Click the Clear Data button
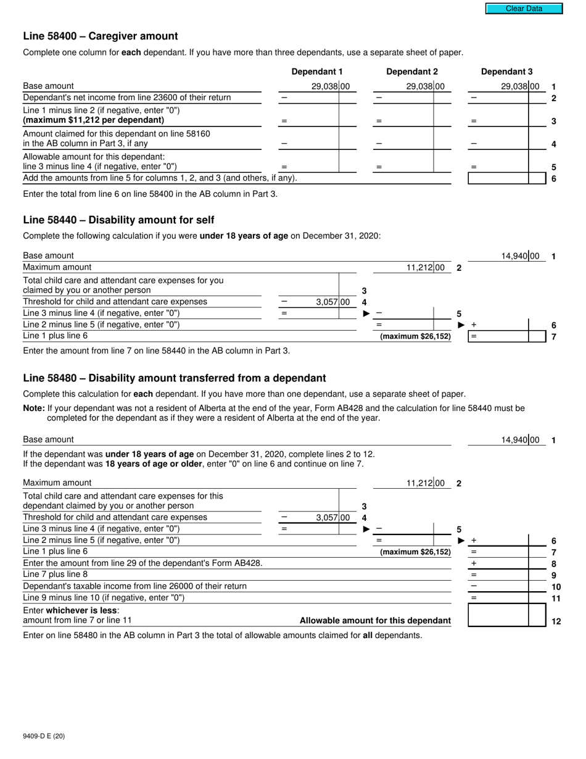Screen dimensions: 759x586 coord(524,9)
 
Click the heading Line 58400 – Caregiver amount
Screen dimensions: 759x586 coord(101,36)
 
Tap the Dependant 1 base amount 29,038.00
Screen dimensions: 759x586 coord(330,87)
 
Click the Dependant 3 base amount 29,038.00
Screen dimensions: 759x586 coord(519,87)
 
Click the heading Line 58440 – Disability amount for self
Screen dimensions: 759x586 coord(118,220)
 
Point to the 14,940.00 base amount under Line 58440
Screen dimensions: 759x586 coord(519,256)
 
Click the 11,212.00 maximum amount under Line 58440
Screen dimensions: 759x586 coord(424,268)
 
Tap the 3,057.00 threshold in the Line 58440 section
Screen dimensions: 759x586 coord(332,302)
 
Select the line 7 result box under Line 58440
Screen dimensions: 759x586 coord(506,336)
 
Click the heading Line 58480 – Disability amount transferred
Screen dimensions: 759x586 coord(175,378)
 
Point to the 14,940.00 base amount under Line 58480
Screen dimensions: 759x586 coord(519,440)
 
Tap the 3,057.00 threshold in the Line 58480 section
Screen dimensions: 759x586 coord(332,518)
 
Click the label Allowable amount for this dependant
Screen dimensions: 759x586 coord(375,621)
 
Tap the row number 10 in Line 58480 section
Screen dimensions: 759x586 coord(556,587)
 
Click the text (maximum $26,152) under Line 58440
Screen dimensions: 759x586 coord(415,337)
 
